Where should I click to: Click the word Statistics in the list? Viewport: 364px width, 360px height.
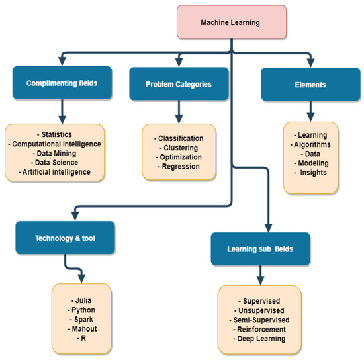56,135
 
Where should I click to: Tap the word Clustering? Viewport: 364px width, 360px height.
179,148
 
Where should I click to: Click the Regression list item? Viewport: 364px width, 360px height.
179,166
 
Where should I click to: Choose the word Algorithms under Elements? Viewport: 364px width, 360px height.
310,144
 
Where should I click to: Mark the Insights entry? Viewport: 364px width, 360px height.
310,173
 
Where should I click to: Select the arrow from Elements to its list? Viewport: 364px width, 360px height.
310,109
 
